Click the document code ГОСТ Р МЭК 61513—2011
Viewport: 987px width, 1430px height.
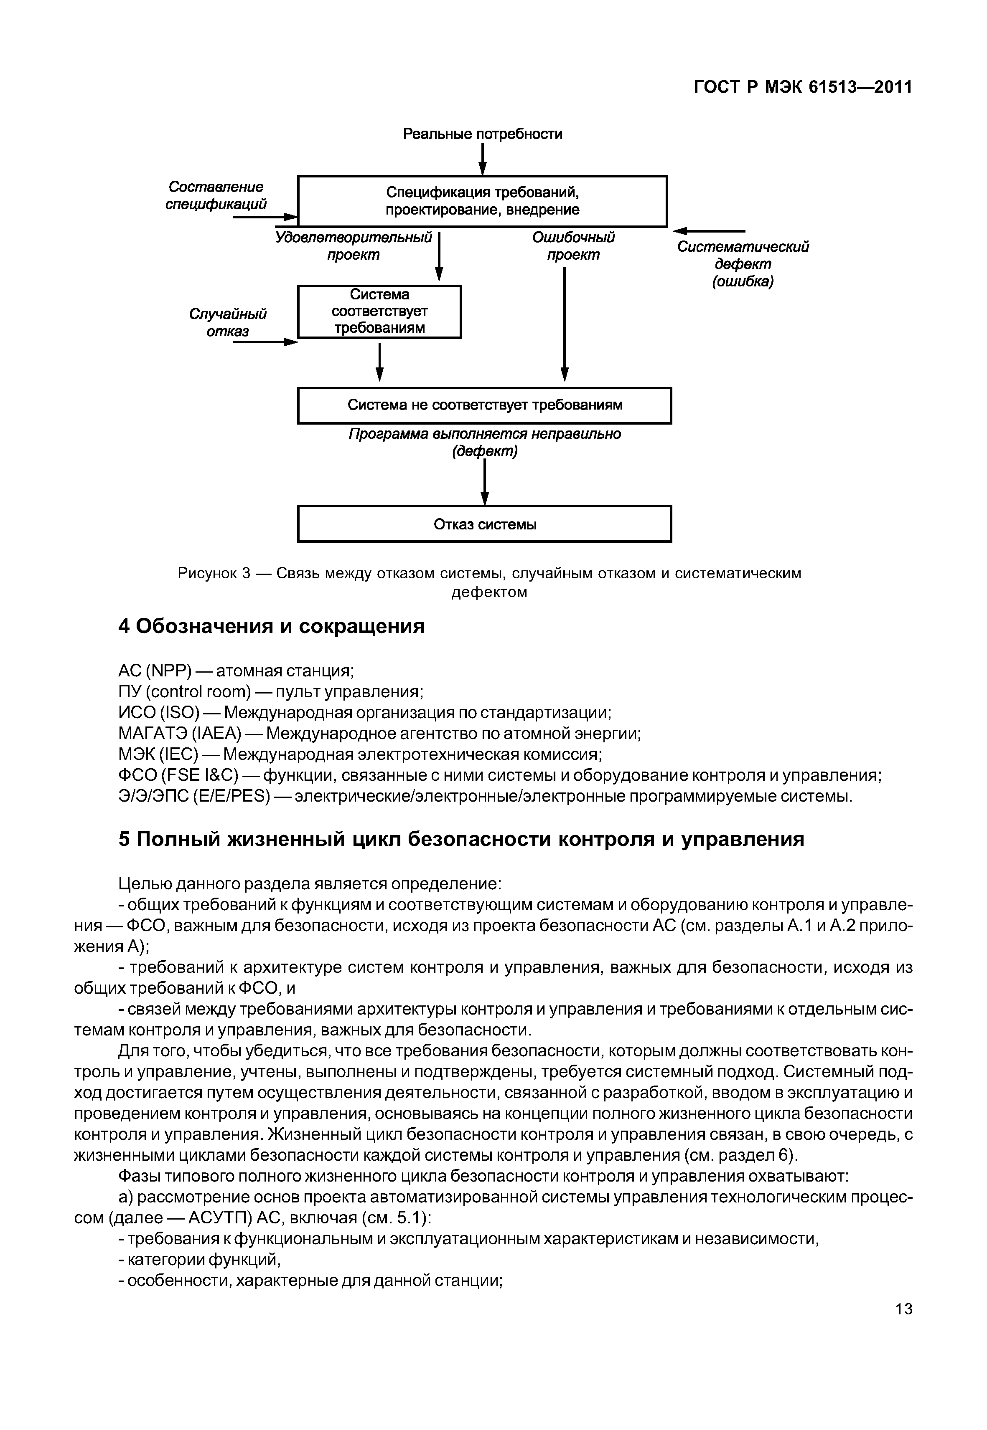pyautogui.click(x=802, y=87)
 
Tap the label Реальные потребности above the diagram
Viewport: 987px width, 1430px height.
pyautogui.click(x=482, y=134)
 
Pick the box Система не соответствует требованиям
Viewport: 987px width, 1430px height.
pyautogui.click(x=484, y=405)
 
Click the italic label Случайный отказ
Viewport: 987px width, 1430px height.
pyautogui.click(x=228, y=323)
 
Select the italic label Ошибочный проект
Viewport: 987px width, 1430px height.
pyautogui.click(x=573, y=246)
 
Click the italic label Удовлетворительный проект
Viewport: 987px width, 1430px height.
pyautogui.click(x=353, y=246)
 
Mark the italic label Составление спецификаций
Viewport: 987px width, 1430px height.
pyautogui.click(x=216, y=195)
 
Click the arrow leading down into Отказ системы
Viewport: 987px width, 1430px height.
pyautogui.click(x=485, y=482)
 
